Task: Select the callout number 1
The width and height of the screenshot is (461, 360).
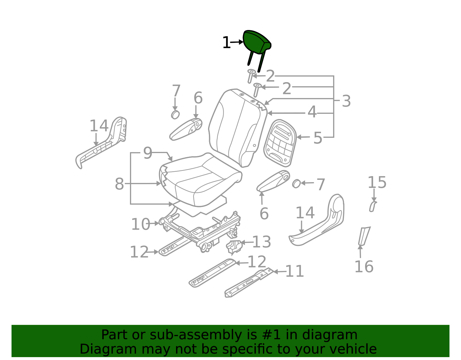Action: click(x=226, y=43)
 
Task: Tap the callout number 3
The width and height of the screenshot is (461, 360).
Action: click(x=346, y=101)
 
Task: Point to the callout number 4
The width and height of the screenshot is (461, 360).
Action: click(x=312, y=112)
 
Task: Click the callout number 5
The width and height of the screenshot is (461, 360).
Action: click(x=318, y=138)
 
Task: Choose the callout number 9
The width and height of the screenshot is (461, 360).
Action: click(x=148, y=153)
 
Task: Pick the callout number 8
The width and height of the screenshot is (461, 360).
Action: click(x=119, y=184)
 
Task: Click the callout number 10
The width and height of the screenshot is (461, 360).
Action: click(x=141, y=224)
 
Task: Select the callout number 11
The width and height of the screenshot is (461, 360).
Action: click(x=295, y=271)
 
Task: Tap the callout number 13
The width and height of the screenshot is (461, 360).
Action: click(x=262, y=242)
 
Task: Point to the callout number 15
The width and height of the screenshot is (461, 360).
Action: click(x=377, y=182)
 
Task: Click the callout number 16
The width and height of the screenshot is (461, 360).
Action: click(x=364, y=266)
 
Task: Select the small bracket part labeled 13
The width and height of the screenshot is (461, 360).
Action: click(x=234, y=247)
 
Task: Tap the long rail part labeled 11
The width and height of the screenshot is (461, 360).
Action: click(x=249, y=283)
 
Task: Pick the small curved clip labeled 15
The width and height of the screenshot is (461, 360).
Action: click(x=373, y=207)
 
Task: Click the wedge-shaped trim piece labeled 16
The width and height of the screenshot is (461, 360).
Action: click(x=364, y=236)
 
